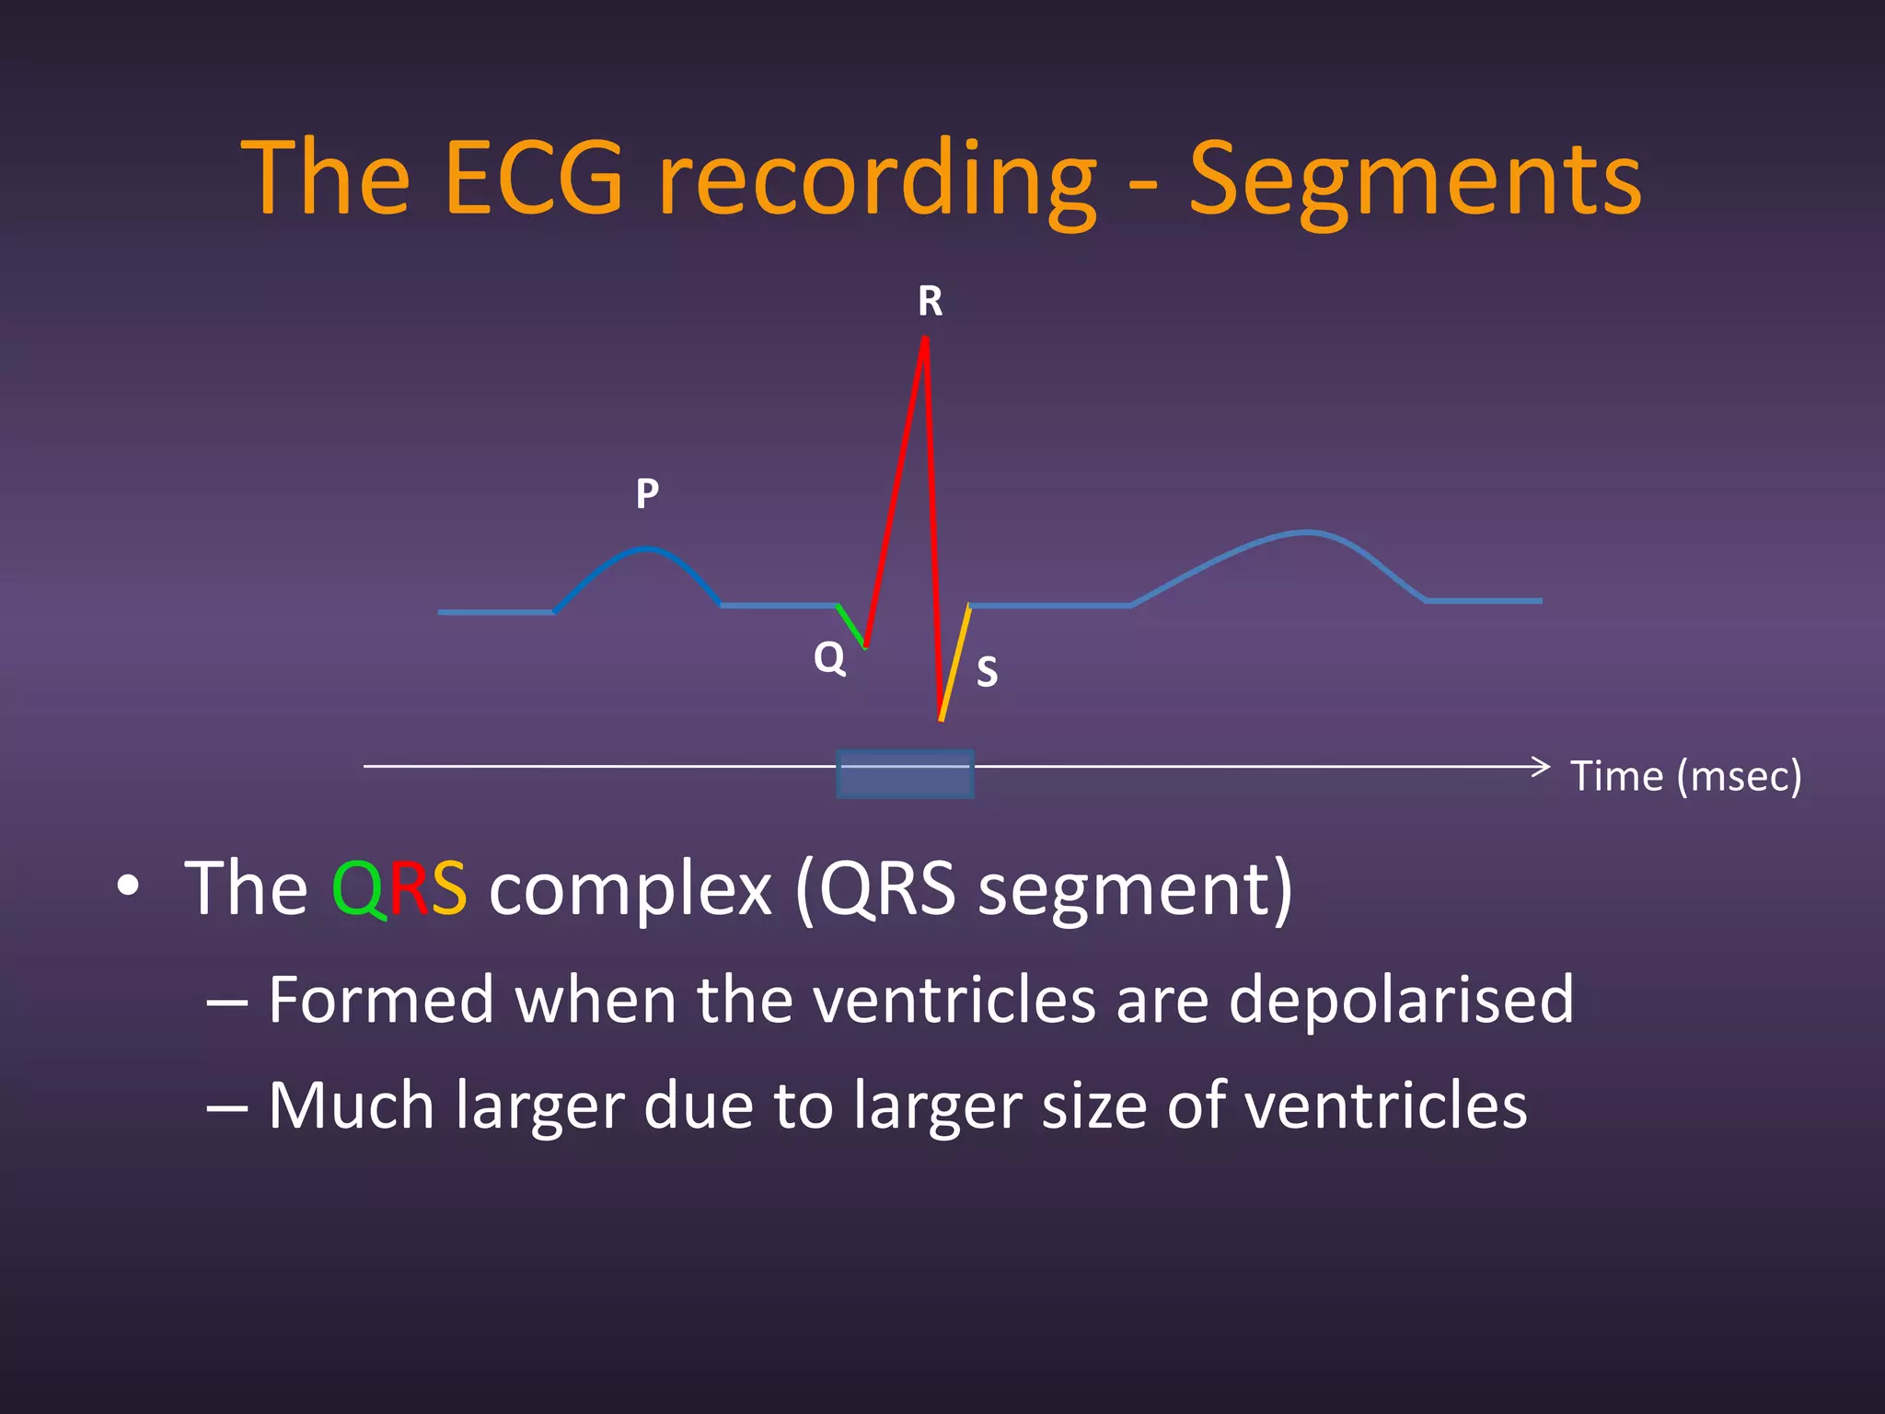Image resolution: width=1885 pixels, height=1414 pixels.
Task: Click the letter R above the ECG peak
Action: pyautogui.click(x=930, y=302)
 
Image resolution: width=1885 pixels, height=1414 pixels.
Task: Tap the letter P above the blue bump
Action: pyautogui.click(x=647, y=494)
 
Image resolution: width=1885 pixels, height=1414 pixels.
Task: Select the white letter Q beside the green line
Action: pyautogui.click(x=829, y=658)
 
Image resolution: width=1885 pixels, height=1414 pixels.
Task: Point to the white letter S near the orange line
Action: pyautogui.click(x=987, y=672)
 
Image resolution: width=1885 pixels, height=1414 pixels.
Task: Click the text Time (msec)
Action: pyautogui.click(x=1685, y=776)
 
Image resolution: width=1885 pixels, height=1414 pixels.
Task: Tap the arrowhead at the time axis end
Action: pyautogui.click(x=1542, y=766)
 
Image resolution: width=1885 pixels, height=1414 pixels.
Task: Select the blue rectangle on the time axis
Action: pyautogui.click(x=905, y=773)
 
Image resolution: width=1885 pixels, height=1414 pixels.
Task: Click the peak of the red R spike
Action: pyautogui.click(x=925, y=341)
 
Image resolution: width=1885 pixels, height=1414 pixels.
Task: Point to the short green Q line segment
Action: pyautogui.click(x=851, y=626)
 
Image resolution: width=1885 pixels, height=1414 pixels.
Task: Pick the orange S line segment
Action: pyautogui.click(x=955, y=663)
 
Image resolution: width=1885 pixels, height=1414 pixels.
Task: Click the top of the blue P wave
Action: pyautogui.click(x=647, y=550)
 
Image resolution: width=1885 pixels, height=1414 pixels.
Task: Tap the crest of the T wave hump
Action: pyautogui.click(x=1307, y=532)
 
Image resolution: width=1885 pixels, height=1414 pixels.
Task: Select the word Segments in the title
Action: pyautogui.click(x=1415, y=180)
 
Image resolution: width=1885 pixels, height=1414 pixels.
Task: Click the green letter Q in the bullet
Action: pyautogui.click(x=359, y=890)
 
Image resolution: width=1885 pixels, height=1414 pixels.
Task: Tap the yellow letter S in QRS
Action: pyautogui.click(x=448, y=890)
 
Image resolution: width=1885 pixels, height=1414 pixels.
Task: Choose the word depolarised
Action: pyautogui.click(x=1401, y=1000)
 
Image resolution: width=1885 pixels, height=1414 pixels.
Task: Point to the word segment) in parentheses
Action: pyautogui.click(x=1135, y=890)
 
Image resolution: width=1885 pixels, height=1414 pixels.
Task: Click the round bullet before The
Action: pyautogui.click(x=129, y=886)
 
